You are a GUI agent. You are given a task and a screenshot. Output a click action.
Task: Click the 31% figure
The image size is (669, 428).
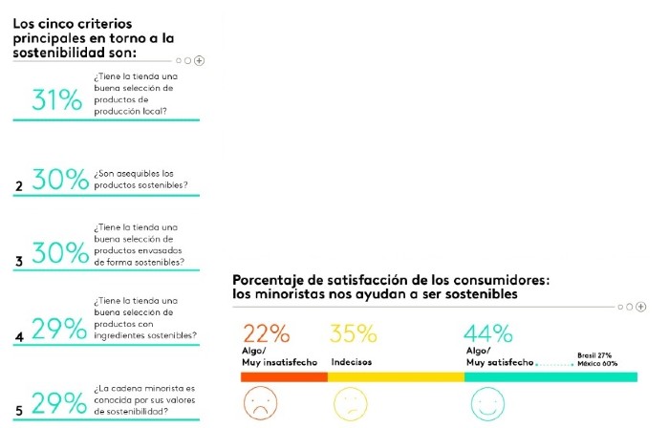point(57,99)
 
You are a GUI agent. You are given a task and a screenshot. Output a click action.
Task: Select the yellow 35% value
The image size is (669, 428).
point(353,334)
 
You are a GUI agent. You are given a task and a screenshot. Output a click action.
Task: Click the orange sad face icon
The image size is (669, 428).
point(261,403)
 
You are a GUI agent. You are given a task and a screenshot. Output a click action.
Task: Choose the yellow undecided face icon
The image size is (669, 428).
point(349,403)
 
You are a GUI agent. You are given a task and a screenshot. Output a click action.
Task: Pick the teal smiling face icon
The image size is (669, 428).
point(487,403)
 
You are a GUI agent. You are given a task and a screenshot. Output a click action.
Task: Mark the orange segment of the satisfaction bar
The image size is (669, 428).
point(284,377)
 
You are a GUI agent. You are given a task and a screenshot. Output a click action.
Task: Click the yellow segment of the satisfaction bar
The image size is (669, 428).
point(396,377)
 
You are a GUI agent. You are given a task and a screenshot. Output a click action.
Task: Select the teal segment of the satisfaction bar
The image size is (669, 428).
point(550,377)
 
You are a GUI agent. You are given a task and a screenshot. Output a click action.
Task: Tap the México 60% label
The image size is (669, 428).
point(597,363)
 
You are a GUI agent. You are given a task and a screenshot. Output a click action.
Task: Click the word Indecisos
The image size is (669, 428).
point(352,363)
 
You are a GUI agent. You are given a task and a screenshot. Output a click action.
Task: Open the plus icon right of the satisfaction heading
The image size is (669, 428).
point(641,307)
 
